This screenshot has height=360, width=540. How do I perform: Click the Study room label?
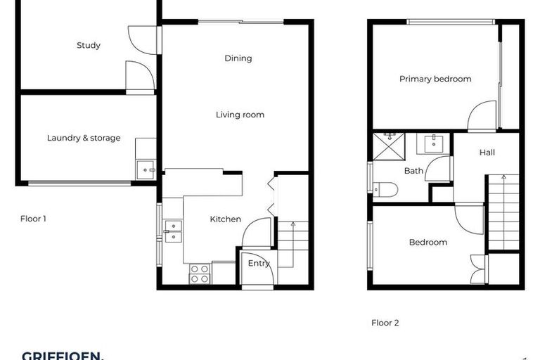[89, 46]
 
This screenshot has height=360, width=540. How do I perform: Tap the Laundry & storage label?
[84, 138]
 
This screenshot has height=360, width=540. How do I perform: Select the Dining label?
[238, 58]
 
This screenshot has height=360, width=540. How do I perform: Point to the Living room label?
[240, 114]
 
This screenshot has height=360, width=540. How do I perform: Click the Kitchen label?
[226, 219]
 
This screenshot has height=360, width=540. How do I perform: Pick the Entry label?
[259, 264]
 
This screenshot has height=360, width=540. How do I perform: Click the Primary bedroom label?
[435, 79]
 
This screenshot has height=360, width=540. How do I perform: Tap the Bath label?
[413, 171]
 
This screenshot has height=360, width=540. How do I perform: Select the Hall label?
[487, 153]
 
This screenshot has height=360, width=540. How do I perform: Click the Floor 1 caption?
[33, 219]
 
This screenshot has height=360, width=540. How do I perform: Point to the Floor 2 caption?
[385, 323]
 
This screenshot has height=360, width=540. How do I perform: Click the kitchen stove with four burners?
[200, 274]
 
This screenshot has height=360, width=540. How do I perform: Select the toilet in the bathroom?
[385, 189]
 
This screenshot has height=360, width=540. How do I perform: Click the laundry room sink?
[146, 169]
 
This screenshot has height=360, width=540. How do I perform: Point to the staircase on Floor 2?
[503, 212]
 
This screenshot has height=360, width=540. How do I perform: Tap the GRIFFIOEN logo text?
[63, 356]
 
